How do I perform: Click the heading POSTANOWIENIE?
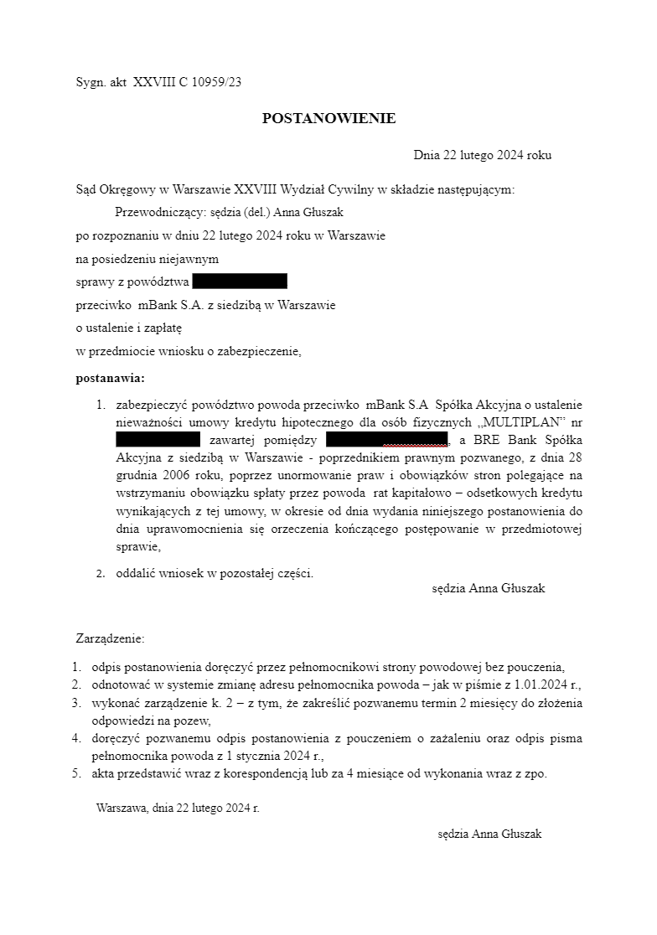(328, 119)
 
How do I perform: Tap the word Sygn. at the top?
(90, 82)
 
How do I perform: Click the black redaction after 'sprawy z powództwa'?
(240, 282)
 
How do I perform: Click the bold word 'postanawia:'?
(110, 378)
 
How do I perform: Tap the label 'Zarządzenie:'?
(110, 639)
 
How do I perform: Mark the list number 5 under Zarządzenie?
(75, 773)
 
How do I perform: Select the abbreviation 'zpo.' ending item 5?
(535, 773)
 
